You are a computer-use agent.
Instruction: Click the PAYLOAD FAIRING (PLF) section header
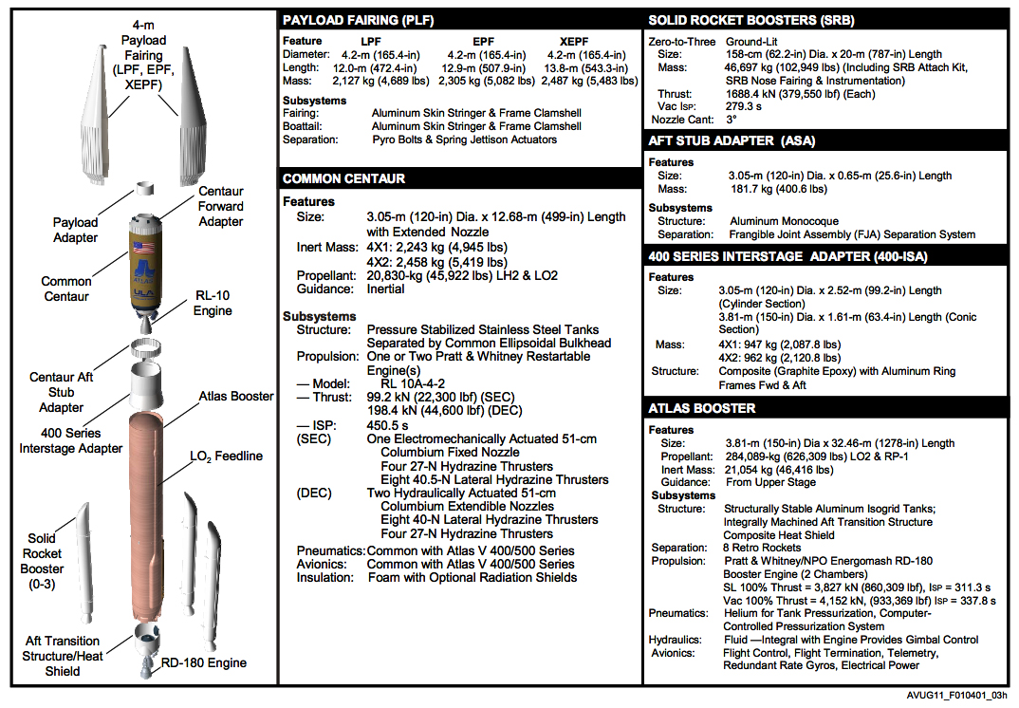347,21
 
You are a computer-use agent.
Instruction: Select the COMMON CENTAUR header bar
343,179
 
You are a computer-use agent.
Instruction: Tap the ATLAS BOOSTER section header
702,409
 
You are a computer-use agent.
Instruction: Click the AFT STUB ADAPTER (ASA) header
732,141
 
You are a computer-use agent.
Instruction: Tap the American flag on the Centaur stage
145,249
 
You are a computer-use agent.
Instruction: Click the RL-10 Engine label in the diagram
213,304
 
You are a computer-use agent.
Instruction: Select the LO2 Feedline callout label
225,456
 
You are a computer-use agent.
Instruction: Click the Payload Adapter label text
75,231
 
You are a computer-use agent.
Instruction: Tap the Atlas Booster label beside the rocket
236,396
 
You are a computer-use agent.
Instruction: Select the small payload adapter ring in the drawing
146,189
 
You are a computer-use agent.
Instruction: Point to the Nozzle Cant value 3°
732,121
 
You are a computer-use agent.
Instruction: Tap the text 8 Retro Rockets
763,548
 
